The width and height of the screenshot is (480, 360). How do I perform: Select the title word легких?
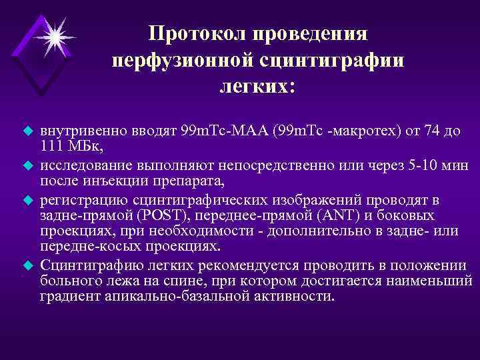(257, 87)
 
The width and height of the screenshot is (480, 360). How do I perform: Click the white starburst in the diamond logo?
(54, 37)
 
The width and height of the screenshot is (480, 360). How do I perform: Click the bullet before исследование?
(29, 164)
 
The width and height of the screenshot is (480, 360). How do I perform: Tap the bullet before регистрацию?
(29, 199)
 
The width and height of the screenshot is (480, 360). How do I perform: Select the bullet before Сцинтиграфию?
(29, 265)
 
